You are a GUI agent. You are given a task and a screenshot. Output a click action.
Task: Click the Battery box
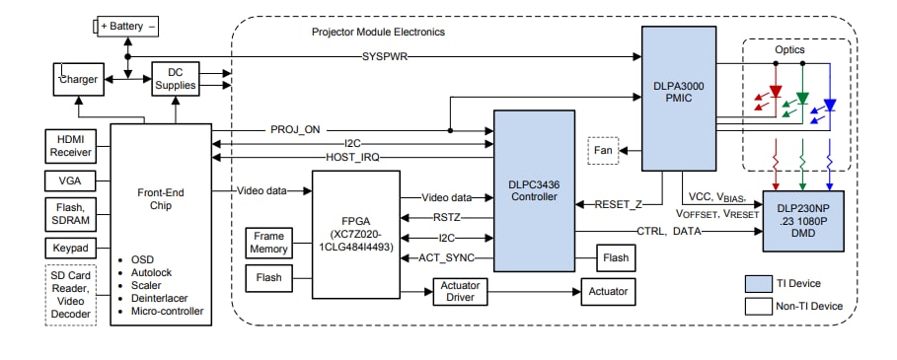click(127, 27)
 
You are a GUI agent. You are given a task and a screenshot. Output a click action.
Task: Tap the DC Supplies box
click(176, 80)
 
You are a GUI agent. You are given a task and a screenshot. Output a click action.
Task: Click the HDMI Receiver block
click(70, 145)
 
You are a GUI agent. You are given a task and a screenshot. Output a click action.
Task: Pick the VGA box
click(70, 180)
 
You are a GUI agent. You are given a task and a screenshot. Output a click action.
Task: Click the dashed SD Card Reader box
click(70, 294)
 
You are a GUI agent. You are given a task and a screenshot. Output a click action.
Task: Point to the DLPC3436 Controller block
click(533, 190)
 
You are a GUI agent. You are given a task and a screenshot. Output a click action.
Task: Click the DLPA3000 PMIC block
click(678, 99)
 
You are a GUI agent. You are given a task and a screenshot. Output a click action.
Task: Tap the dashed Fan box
click(603, 151)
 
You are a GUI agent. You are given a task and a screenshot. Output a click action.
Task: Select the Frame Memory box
click(269, 242)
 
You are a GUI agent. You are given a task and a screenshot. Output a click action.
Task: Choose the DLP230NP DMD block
click(803, 223)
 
